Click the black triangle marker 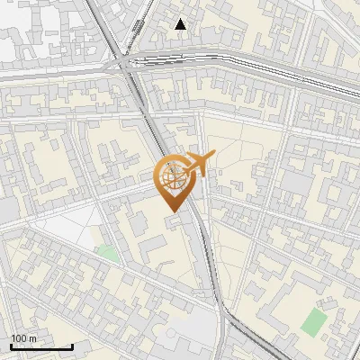(181, 24)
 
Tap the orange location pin (173, 183)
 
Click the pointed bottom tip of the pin (171, 211)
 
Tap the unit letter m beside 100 (32, 338)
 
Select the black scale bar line (41, 346)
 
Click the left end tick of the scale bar (11, 345)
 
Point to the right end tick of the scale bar (72, 345)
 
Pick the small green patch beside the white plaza (109, 253)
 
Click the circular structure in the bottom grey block (171, 335)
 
